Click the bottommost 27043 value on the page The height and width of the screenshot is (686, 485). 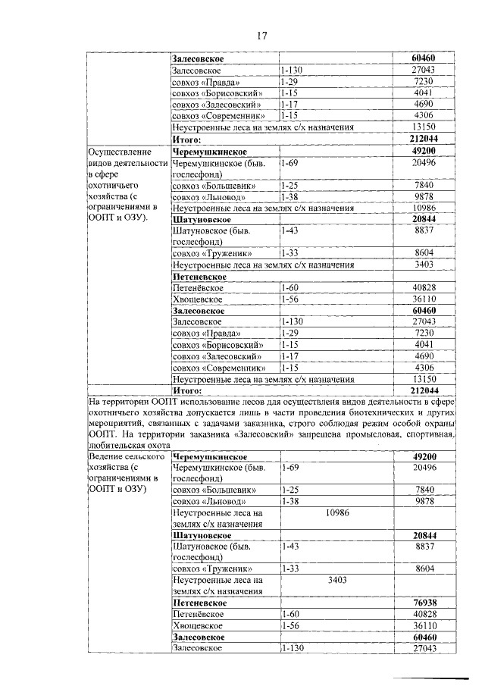click(423, 649)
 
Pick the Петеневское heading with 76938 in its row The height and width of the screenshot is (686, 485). click(199, 602)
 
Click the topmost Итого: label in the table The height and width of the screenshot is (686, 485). click(186, 140)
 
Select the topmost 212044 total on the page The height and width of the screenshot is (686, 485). click(423, 140)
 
